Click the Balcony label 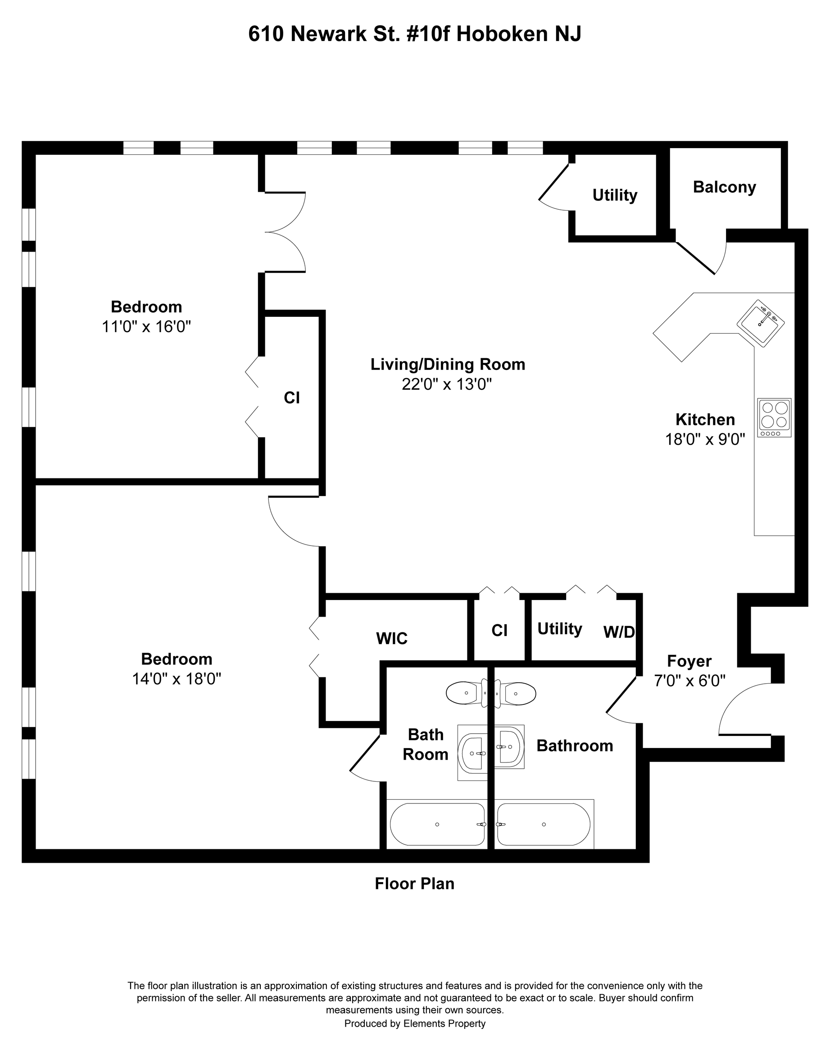click(724, 187)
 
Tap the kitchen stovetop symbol click(774, 418)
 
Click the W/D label click(619, 632)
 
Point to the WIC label click(392, 638)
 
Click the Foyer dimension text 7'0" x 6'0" click(689, 681)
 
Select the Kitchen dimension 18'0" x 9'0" click(705, 439)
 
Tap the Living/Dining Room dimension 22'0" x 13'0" click(447, 384)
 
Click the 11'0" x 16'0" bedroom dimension click(146, 327)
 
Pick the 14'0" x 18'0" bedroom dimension click(177, 679)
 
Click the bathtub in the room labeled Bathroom click(544, 825)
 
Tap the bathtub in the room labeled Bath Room click(437, 825)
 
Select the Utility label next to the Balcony click(614, 195)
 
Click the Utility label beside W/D click(560, 629)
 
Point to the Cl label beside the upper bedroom click(291, 398)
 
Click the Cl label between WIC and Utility click(499, 631)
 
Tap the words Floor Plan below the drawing click(415, 884)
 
